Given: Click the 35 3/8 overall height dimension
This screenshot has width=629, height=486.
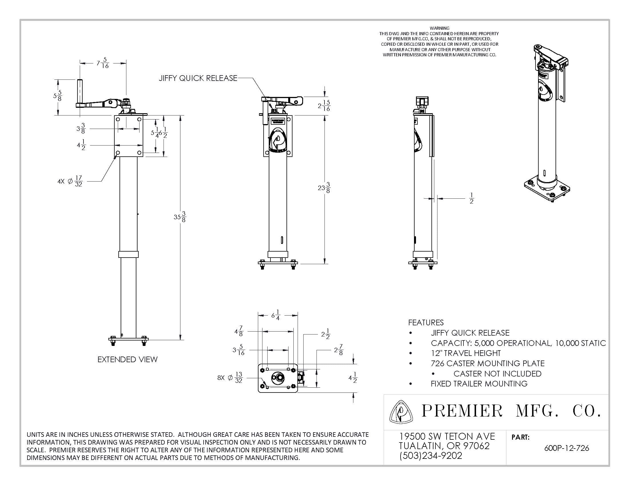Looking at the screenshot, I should click(180, 216).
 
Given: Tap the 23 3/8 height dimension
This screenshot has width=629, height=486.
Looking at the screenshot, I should click(324, 188).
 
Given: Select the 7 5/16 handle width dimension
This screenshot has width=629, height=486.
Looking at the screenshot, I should click(103, 63).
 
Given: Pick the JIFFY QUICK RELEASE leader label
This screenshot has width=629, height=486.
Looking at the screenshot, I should click(198, 78).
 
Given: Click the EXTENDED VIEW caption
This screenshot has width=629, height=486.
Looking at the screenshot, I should click(127, 359).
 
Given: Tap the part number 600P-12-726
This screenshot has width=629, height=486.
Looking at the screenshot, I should click(566, 448).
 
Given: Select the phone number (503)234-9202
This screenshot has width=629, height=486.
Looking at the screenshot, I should click(431, 455).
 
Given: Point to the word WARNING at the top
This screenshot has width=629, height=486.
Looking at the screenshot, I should click(439, 28).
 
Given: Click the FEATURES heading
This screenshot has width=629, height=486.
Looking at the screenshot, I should click(426, 322).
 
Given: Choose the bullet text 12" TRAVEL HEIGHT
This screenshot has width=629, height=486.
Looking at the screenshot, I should click(466, 353).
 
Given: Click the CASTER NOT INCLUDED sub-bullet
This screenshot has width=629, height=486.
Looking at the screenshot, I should click(497, 373).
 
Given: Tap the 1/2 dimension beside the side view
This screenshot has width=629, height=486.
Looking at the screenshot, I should click(471, 198).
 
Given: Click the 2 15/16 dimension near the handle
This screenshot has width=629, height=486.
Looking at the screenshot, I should click(324, 106).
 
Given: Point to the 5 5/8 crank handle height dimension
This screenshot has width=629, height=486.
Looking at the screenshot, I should click(58, 95).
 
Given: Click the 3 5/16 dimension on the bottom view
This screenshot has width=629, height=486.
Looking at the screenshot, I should click(238, 350).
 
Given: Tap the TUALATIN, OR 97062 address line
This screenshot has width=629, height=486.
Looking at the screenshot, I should click(444, 446).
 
